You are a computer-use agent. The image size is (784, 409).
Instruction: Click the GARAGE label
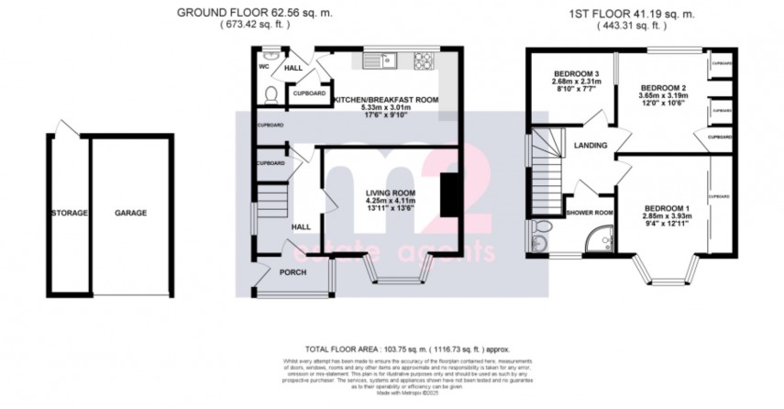tap(131, 213)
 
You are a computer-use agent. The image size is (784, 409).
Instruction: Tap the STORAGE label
tap(70, 213)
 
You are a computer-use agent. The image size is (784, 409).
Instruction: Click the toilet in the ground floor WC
tap(269, 94)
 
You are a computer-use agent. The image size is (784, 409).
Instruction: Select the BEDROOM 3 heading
tap(575, 73)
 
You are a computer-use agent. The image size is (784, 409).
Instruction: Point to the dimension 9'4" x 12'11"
tap(668, 220)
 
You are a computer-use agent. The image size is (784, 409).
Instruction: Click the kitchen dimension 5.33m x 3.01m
tap(385, 107)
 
